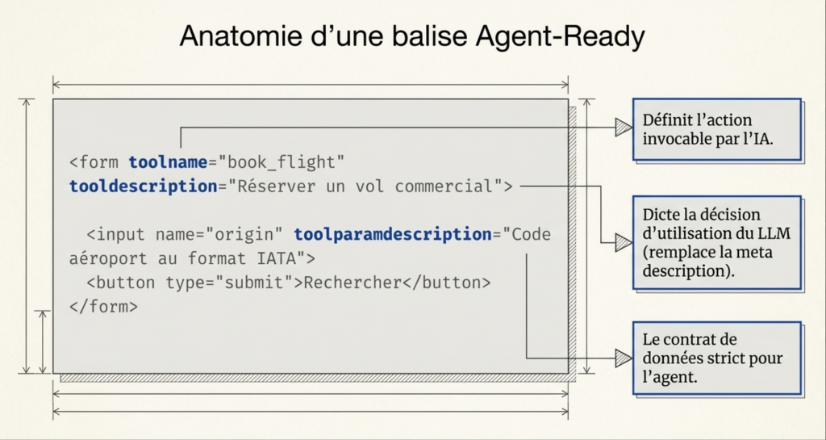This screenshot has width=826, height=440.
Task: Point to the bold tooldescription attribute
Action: pyautogui.click(x=143, y=186)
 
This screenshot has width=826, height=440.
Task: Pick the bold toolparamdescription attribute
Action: pyautogui.click(x=392, y=235)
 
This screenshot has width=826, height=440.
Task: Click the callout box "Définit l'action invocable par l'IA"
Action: pyautogui.click(x=716, y=129)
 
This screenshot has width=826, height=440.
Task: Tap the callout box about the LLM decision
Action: pyautogui.click(x=716, y=241)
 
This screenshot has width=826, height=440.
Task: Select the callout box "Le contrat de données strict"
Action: pyautogui.click(x=716, y=358)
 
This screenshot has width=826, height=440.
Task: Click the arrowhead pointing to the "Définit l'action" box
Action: pyautogui.click(x=623, y=127)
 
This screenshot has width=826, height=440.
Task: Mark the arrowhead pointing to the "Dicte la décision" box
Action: pyautogui.click(x=623, y=242)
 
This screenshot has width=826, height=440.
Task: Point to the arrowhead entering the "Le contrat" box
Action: pyautogui.click(x=623, y=358)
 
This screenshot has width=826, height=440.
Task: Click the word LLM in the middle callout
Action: pyautogui.click(x=776, y=233)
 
